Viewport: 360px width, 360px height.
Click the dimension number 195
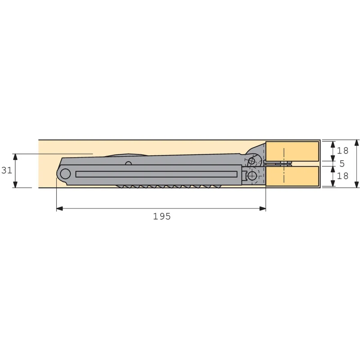tap(162, 216)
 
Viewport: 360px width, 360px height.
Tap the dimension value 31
tap(7, 171)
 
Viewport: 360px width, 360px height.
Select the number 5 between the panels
tap(342, 163)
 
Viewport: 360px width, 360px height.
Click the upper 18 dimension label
tap(342, 151)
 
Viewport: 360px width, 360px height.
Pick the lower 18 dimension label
tap(342, 176)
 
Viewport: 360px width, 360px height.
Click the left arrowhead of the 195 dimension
tap(59, 208)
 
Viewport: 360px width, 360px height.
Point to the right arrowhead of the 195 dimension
tap(263, 208)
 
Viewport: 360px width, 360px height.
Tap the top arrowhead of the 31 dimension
tap(15, 157)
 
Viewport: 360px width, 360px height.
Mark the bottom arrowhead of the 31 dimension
tap(15, 184)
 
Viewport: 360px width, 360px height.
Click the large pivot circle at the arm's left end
tap(65, 174)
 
